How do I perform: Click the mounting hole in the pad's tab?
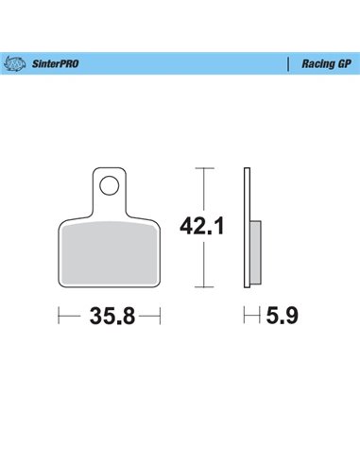click(x=111, y=184)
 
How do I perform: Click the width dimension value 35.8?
click(x=111, y=317)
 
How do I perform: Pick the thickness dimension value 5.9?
click(x=276, y=317)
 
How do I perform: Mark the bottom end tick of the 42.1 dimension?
click(x=201, y=287)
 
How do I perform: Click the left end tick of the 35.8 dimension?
click(x=60, y=317)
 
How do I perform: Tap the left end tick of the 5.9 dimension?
click(x=245, y=317)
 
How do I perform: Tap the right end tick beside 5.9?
click(x=260, y=317)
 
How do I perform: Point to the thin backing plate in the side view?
click(x=248, y=227)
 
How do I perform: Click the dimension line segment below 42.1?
click(x=201, y=267)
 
